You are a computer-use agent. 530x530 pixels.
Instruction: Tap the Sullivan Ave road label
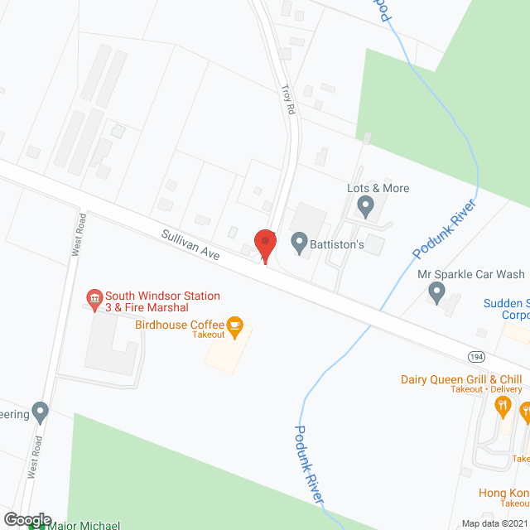tap(191, 246)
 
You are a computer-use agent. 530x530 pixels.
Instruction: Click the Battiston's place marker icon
tap(299, 243)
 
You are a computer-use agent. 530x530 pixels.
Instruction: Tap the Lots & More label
tap(378, 188)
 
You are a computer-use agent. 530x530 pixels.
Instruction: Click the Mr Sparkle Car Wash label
tap(471, 273)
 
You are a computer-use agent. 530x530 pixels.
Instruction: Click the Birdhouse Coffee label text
tap(179, 325)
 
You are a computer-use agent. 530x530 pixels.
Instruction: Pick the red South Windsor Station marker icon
tap(94, 296)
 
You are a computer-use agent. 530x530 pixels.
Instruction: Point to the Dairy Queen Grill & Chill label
tap(461, 379)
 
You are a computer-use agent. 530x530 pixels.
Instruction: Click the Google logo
tap(27, 519)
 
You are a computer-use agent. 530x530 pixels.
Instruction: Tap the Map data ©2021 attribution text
tap(494, 523)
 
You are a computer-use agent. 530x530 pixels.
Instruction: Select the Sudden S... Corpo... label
tap(506, 309)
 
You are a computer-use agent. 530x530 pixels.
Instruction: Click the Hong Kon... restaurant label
tap(503, 493)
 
